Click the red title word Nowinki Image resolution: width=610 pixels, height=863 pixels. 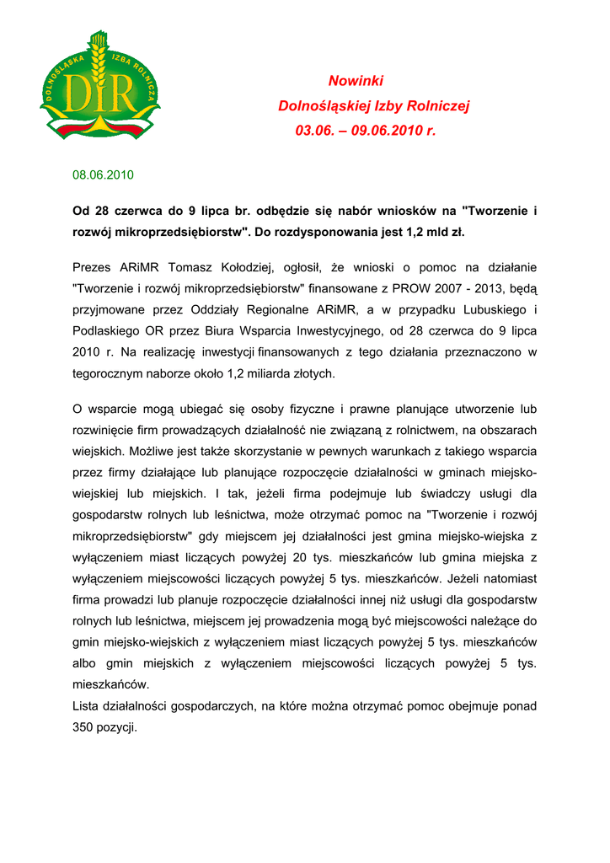click(x=356, y=81)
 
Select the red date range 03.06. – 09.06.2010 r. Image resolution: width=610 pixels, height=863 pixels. click(x=366, y=131)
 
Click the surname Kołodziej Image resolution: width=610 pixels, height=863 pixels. click(x=243, y=268)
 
